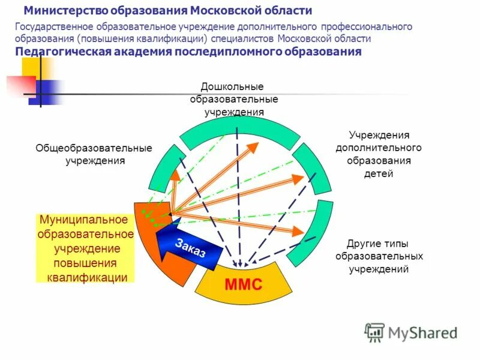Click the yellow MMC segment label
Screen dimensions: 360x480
click(x=244, y=284)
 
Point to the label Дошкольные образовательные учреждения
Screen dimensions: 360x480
click(x=232, y=99)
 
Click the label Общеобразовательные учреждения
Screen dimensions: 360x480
click(x=94, y=154)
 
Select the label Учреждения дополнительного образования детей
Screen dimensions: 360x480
click(x=378, y=154)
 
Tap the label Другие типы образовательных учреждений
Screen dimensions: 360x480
click(x=378, y=256)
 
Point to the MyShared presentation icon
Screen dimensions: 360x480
click(x=374, y=332)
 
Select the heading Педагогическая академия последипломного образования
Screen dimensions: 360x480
click(x=188, y=52)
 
